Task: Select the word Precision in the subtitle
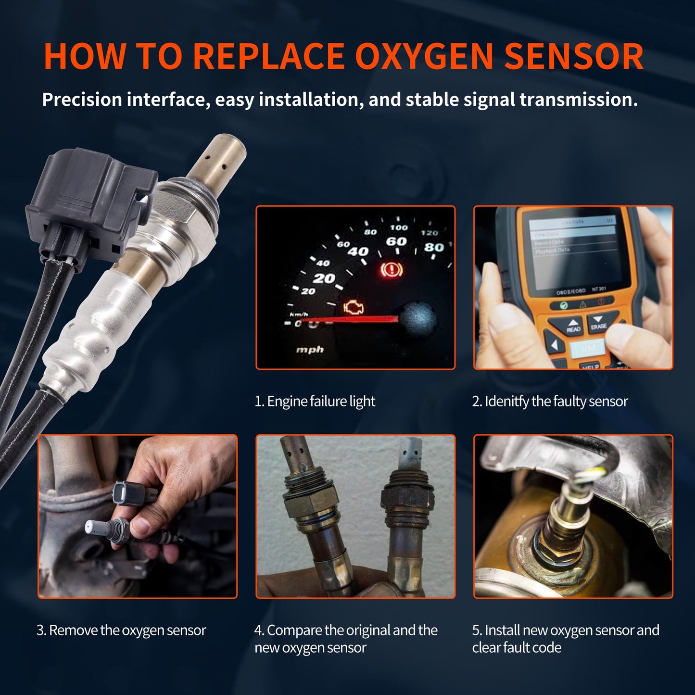click(x=82, y=100)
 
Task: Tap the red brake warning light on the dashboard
click(x=392, y=270)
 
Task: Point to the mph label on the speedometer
click(x=310, y=349)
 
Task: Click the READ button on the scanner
click(x=573, y=326)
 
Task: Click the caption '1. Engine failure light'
click(x=315, y=401)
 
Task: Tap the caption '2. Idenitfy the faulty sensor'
click(x=550, y=401)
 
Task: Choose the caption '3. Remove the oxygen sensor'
click(x=121, y=630)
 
